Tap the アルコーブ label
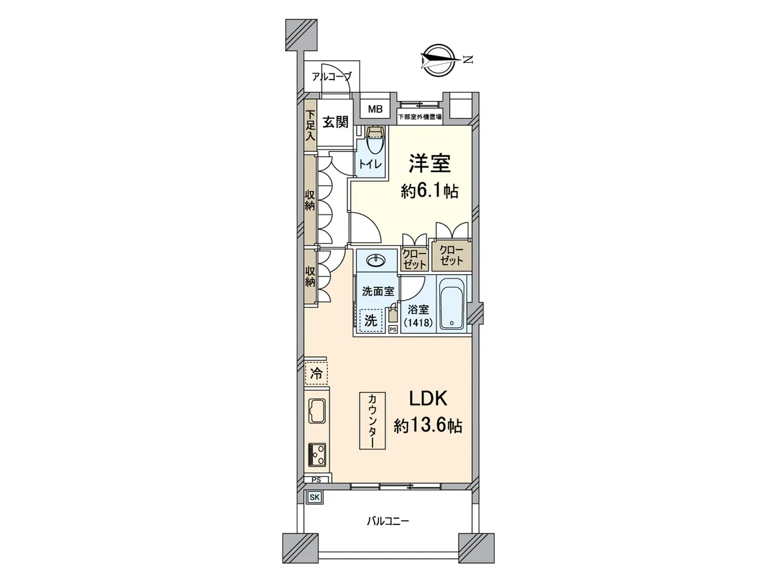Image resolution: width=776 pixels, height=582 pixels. [332, 76]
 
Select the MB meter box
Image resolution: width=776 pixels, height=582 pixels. [375, 109]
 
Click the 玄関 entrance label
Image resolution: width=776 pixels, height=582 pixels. [335, 122]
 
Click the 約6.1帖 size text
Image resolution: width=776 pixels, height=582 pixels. [429, 192]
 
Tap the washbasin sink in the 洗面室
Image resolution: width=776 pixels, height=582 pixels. [376, 261]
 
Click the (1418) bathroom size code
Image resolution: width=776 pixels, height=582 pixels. [418, 323]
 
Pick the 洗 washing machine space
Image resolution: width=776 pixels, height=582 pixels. [371, 321]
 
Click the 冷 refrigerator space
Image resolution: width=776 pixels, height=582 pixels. [316, 373]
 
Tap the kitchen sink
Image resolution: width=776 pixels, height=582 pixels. [318, 411]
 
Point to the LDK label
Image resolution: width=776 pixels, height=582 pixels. [429, 398]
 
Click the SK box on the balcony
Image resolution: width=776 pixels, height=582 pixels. [314, 497]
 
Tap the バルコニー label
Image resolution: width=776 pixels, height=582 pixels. [388, 521]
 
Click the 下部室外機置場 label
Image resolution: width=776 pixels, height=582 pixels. [420, 116]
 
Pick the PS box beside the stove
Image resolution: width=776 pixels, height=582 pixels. [316, 480]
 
